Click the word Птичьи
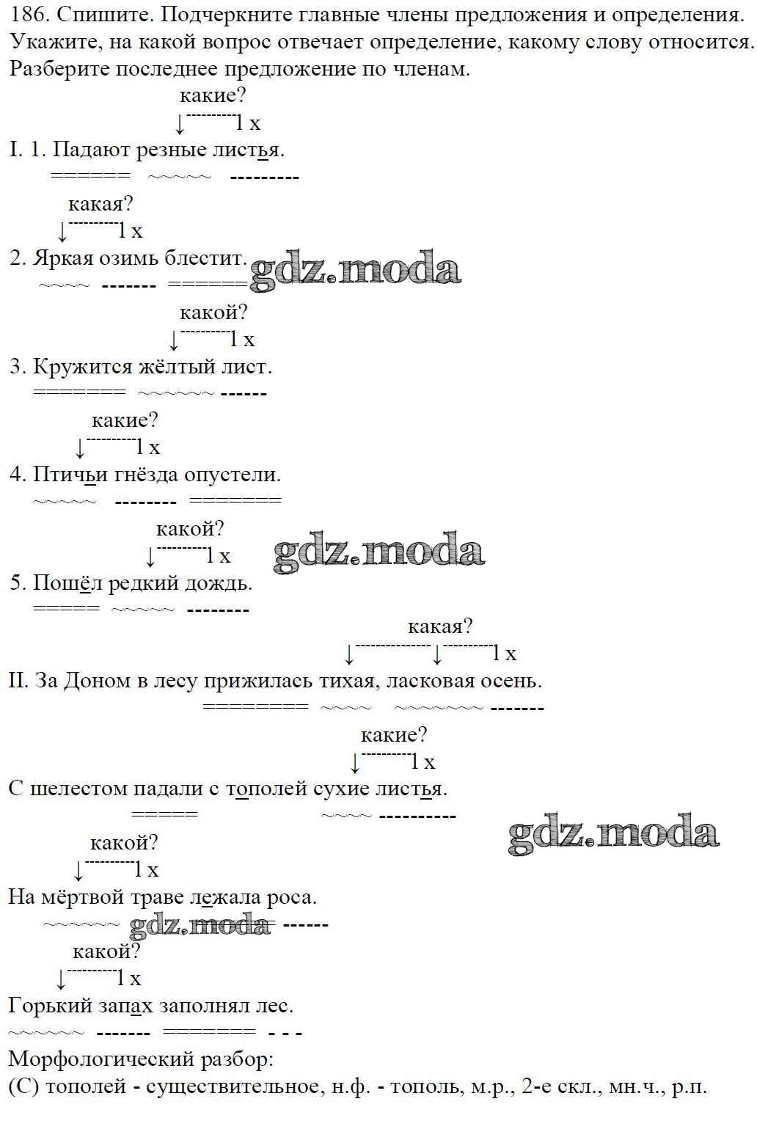(x=70, y=475)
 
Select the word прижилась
(x=258, y=682)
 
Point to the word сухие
(x=342, y=789)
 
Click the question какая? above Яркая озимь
(x=100, y=204)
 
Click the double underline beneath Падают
(x=91, y=176)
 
